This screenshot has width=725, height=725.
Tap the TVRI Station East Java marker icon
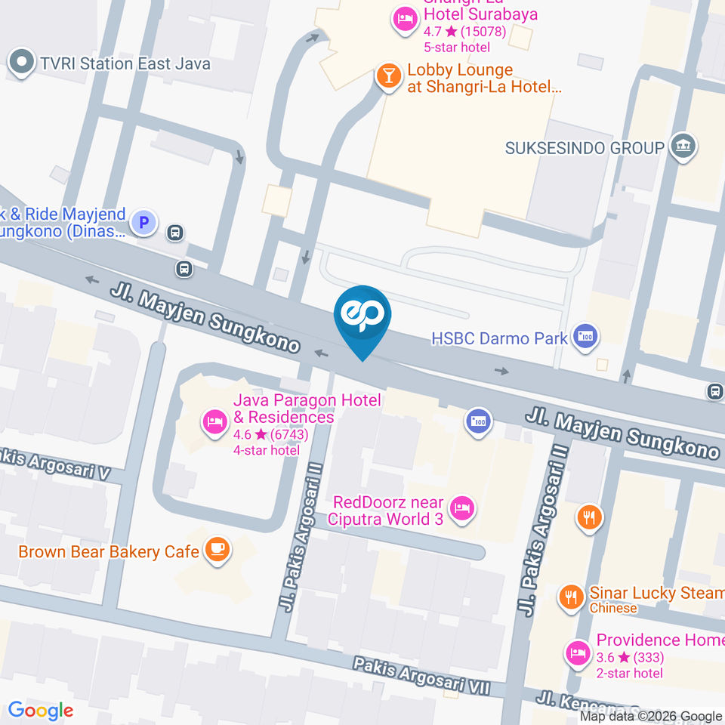coord(22,63)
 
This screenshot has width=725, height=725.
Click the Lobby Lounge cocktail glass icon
coord(388,77)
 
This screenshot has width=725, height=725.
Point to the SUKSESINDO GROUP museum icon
coord(684,147)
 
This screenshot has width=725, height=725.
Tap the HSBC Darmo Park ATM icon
coord(585,338)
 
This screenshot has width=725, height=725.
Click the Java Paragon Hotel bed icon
coord(214,421)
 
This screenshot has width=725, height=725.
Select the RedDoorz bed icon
coord(461,508)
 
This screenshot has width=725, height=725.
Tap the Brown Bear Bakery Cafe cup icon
coord(217,551)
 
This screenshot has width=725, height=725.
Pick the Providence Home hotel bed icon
coord(578,652)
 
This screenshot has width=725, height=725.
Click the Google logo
coord(40,711)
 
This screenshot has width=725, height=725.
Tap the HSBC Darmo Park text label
coord(499,338)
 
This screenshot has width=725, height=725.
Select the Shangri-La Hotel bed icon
coord(405,20)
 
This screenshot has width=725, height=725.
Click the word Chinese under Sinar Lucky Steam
coord(612,609)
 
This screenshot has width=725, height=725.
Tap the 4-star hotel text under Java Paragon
coord(267,451)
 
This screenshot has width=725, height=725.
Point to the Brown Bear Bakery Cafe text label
coord(109,551)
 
